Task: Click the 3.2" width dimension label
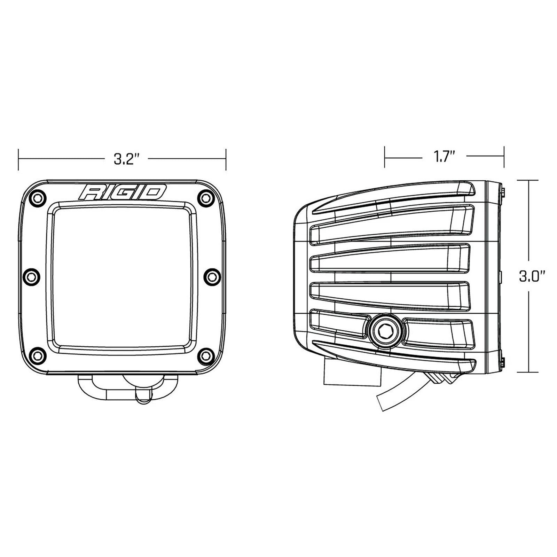click(126, 159)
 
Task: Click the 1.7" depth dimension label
click(445, 157)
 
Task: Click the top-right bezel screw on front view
click(207, 198)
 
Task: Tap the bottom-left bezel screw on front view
click(37, 355)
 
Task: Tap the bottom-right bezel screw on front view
click(207, 355)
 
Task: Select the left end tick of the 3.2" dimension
click(18, 159)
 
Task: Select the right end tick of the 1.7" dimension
click(504, 157)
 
